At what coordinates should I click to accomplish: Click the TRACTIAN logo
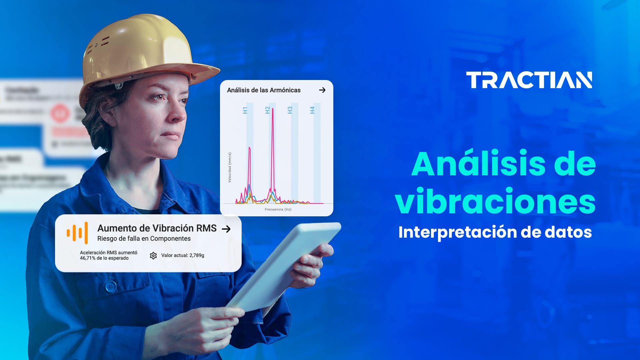click(x=529, y=80)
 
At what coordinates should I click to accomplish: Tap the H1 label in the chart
click(x=245, y=110)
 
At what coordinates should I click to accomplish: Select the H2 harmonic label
click(x=267, y=110)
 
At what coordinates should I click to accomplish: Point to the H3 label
click(x=290, y=110)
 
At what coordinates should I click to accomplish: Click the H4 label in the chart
click(x=312, y=110)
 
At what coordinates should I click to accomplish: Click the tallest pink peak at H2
click(x=273, y=110)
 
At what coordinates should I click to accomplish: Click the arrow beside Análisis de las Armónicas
click(x=322, y=90)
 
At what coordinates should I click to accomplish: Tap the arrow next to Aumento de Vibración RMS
click(x=226, y=229)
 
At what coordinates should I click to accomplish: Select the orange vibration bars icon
click(x=77, y=233)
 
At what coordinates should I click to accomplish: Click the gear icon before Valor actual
click(x=153, y=256)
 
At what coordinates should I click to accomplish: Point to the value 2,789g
click(x=197, y=255)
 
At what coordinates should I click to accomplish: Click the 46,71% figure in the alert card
click(x=87, y=258)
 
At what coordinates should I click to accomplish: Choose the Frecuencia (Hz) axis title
click(x=278, y=209)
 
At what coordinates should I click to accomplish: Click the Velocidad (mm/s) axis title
click(x=230, y=167)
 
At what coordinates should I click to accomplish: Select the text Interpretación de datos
click(x=495, y=232)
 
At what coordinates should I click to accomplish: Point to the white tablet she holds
click(x=283, y=267)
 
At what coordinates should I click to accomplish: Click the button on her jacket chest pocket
click(x=110, y=286)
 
